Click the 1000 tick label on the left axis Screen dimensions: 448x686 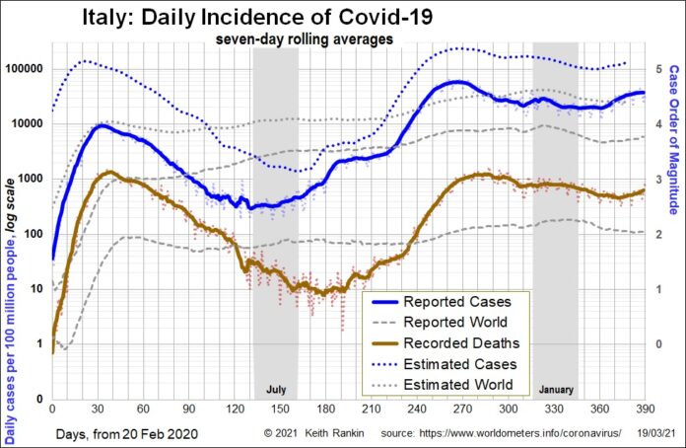(x=31, y=179)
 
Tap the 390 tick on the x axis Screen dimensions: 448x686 (x=644, y=409)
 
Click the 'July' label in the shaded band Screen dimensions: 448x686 (x=276, y=389)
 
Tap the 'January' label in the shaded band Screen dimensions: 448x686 (x=555, y=389)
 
